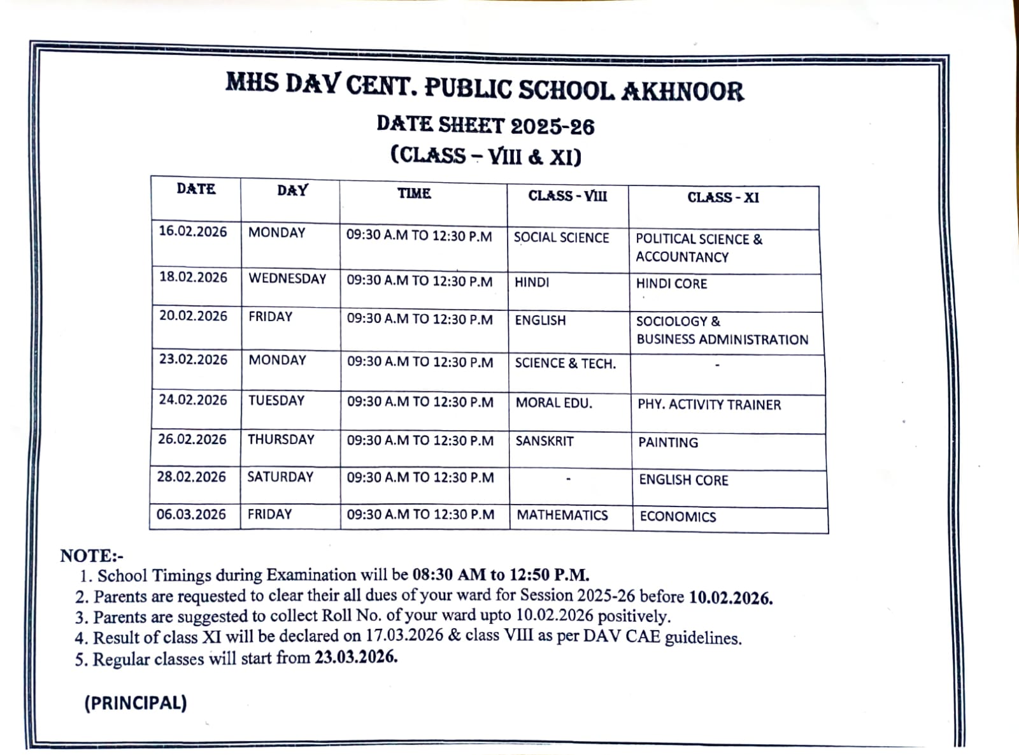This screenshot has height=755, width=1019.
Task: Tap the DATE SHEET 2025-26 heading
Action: click(485, 126)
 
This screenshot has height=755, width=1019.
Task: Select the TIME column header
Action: click(414, 194)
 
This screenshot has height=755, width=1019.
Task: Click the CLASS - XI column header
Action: click(723, 198)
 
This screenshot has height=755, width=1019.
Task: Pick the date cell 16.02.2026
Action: click(193, 232)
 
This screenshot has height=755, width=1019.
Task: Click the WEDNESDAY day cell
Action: click(287, 278)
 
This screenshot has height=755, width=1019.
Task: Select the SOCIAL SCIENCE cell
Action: click(561, 238)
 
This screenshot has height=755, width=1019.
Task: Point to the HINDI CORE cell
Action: click(671, 284)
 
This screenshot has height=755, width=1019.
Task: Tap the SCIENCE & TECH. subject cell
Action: click(565, 363)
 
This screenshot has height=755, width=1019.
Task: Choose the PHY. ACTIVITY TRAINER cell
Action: click(709, 405)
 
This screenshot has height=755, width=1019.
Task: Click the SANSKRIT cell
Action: click(545, 441)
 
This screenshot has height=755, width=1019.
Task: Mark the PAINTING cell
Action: click(668, 442)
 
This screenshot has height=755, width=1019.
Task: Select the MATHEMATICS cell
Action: click(562, 515)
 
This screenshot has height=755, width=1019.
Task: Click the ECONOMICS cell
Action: click(678, 517)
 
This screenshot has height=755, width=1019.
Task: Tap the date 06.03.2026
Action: click(191, 514)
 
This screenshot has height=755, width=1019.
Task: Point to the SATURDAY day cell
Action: click(280, 477)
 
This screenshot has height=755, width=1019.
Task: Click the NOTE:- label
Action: click(92, 556)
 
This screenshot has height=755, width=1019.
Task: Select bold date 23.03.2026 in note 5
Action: click(356, 657)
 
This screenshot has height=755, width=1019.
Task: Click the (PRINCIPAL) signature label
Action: click(136, 703)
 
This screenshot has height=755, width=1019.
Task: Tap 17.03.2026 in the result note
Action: click(404, 636)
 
